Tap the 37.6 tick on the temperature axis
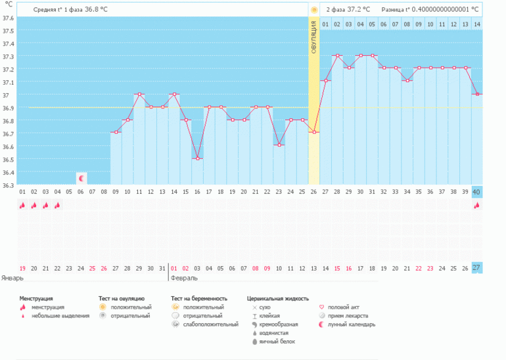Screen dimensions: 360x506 (x=8, y=18)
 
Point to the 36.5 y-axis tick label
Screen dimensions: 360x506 (x=8, y=160)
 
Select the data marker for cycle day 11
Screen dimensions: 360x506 (x=139, y=95)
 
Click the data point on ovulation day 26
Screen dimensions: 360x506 (x=314, y=133)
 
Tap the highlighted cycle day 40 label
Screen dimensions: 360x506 (x=477, y=192)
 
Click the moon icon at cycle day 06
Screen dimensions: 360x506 (x=81, y=178)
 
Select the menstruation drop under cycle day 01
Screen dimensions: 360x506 (x=22, y=205)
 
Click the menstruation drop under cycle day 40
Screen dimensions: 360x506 (x=477, y=205)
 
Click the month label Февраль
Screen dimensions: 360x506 (x=183, y=278)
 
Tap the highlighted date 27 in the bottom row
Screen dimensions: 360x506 (x=477, y=268)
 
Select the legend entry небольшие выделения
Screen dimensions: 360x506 (x=60, y=315)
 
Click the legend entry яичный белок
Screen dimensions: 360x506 (x=276, y=341)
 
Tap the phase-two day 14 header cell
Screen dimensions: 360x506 (x=477, y=24)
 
